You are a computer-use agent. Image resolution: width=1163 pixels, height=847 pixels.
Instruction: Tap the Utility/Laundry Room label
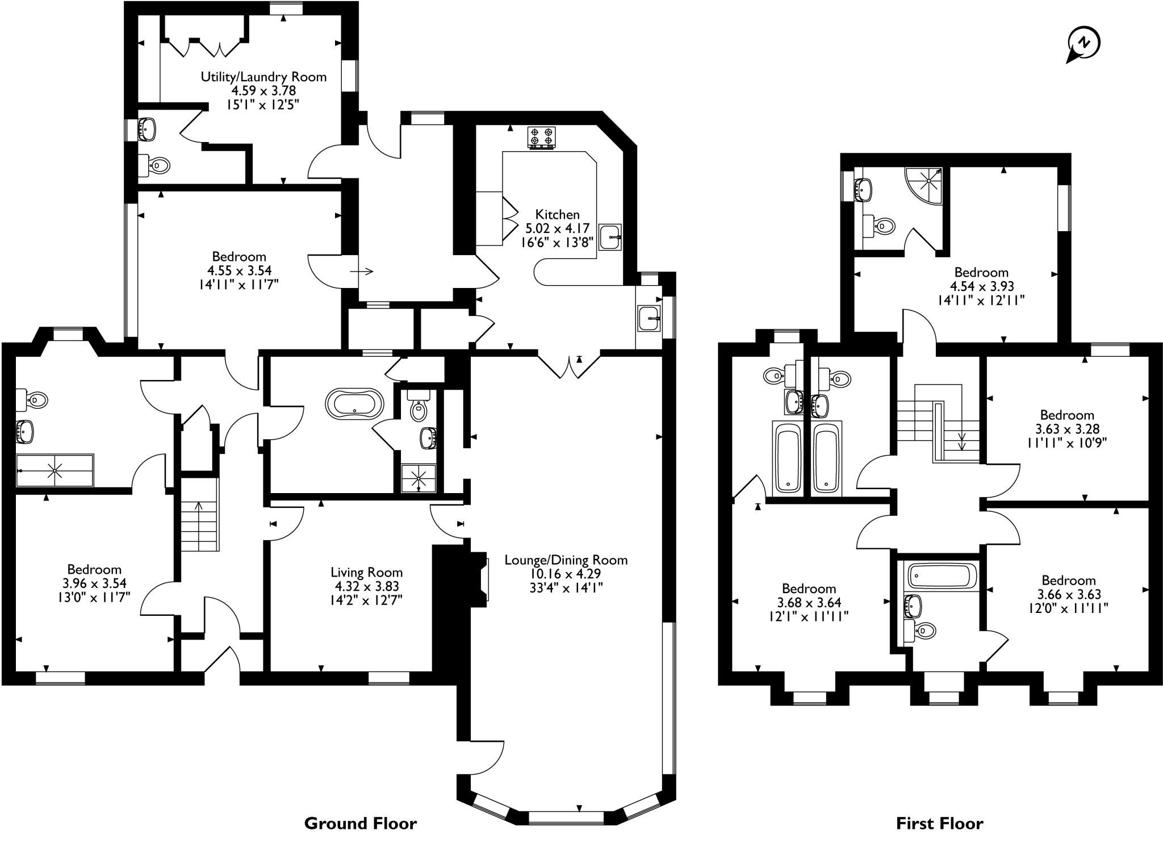[x=263, y=77]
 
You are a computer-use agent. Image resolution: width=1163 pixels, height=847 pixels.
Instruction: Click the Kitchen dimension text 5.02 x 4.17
[x=557, y=228]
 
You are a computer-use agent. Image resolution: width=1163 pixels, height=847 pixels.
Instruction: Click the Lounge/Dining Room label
[x=566, y=560]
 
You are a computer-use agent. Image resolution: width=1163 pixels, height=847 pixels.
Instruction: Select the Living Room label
[x=366, y=572]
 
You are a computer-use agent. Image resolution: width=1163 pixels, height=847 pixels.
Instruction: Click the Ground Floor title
[x=360, y=823]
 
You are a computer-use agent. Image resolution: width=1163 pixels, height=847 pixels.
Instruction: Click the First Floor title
[x=939, y=823]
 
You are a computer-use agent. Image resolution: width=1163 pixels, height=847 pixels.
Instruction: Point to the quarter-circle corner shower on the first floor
[x=925, y=185]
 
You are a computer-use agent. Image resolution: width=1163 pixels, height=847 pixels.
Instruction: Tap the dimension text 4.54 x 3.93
[x=981, y=286]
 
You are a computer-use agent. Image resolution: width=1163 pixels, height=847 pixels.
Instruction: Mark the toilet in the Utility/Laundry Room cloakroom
[x=156, y=165]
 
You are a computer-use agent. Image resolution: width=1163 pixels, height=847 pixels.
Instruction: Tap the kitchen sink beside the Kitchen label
[x=610, y=236]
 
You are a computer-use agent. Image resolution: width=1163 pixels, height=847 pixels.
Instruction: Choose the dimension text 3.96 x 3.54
[x=94, y=583]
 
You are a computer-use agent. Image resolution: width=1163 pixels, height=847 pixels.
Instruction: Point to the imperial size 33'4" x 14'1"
[x=566, y=588]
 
